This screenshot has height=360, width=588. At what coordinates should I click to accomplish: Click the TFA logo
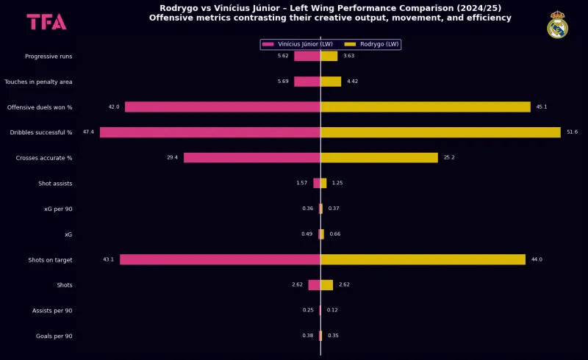tap(46, 22)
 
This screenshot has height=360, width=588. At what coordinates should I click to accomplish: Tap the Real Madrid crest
tap(557, 25)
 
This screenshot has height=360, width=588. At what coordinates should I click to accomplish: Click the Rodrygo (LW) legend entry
tap(373, 45)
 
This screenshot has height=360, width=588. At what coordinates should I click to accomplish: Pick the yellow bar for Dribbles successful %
tap(440, 132)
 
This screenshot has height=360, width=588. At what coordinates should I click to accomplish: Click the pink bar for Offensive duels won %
tap(223, 107)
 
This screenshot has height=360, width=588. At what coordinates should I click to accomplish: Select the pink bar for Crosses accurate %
tap(252, 158)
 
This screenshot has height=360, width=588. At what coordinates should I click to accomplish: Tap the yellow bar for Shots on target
tap(423, 259)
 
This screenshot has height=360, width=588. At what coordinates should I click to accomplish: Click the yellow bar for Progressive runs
tap(329, 56)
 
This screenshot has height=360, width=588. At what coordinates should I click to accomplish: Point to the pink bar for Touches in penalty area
tap(307, 82)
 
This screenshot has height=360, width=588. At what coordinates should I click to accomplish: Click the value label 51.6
tap(572, 132)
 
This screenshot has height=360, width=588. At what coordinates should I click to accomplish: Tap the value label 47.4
tap(88, 132)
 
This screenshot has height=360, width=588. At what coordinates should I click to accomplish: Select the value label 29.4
tap(172, 158)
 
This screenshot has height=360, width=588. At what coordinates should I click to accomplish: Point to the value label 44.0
tap(537, 259)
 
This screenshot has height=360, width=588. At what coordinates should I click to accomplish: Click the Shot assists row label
tap(55, 184)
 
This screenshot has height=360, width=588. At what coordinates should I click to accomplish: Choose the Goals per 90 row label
tap(54, 336)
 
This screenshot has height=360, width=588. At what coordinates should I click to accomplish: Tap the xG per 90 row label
tap(58, 209)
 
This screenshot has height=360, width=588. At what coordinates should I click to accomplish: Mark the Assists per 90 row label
tap(52, 311)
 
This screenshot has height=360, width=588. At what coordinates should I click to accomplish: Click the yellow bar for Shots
tap(326, 285)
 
